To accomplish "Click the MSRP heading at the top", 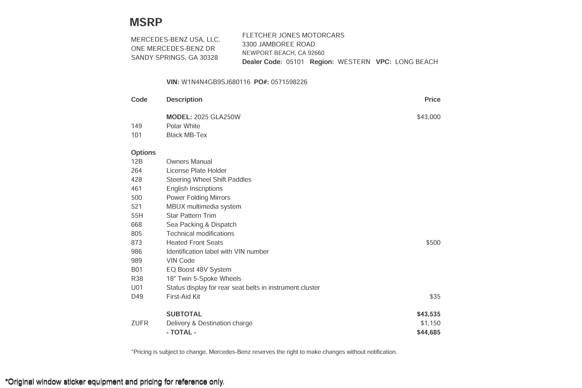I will coord(146,22).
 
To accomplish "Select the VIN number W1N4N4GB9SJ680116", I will coord(216,82).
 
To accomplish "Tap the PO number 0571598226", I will coord(289,82).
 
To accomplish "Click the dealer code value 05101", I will coord(295,62).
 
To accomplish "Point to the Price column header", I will coord(432,100).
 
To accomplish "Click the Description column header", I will coord(184,100).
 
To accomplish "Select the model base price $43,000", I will coord(428,117).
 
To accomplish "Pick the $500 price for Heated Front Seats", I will coord(433,243).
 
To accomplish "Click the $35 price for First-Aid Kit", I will coord(435,297).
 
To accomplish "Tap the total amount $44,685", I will coord(428,332).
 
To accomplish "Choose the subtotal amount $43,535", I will coord(428,314).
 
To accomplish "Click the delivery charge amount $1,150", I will coord(430,323).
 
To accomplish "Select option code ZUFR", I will coord(140,323).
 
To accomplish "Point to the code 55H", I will coord(137,216).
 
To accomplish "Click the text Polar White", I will coord(183,126).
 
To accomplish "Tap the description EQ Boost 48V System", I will coord(199,270).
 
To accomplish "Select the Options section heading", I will coord(143,153).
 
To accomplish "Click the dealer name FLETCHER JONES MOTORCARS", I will coord(293,35).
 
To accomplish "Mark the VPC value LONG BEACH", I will coord(416,62).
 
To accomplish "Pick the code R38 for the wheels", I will coord(137,279).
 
